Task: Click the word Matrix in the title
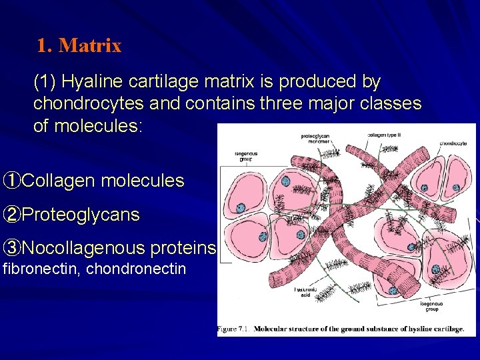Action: point(90,46)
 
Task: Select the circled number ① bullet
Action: point(11,181)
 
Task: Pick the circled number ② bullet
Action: point(11,215)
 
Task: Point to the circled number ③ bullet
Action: point(11,249)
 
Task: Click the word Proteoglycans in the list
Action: point(81,215)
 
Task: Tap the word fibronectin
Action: point(39,269)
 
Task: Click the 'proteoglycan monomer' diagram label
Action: point(315,138)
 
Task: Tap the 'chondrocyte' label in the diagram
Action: point(453,142)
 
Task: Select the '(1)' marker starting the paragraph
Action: point(45,82)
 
